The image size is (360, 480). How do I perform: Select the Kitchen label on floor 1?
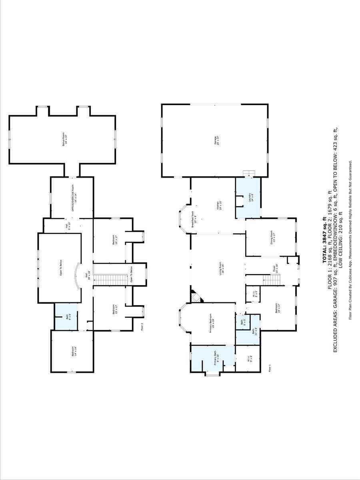tap(218, 206)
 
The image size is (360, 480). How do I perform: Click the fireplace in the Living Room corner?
tap(196, 297)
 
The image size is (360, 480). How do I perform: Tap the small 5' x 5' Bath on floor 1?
tap(242, 321)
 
